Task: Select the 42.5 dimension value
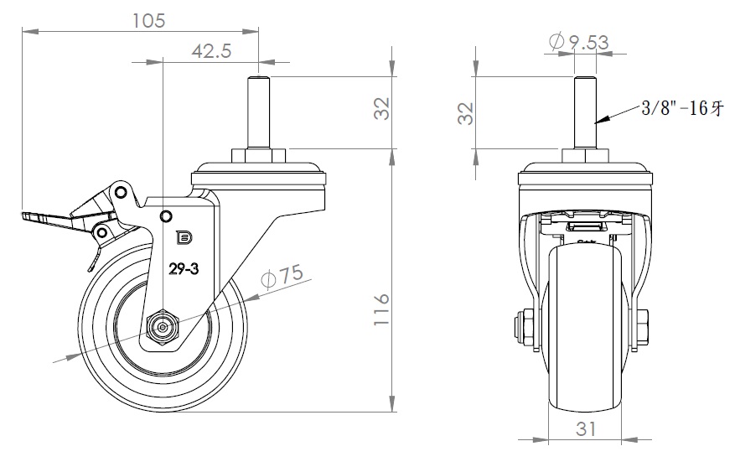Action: pyautogui.click(x=211, y=51)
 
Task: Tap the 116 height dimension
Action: pyautogui.click(x=380, y=309)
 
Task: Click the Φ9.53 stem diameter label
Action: pyautogui.click(x=576, y=40)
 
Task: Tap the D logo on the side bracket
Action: pyautogui.click(x=184, y=238)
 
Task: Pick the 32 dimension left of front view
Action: pyautogui.click(x=468, y=112)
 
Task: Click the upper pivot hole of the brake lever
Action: pyautogui.click(x=122, y=193)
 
